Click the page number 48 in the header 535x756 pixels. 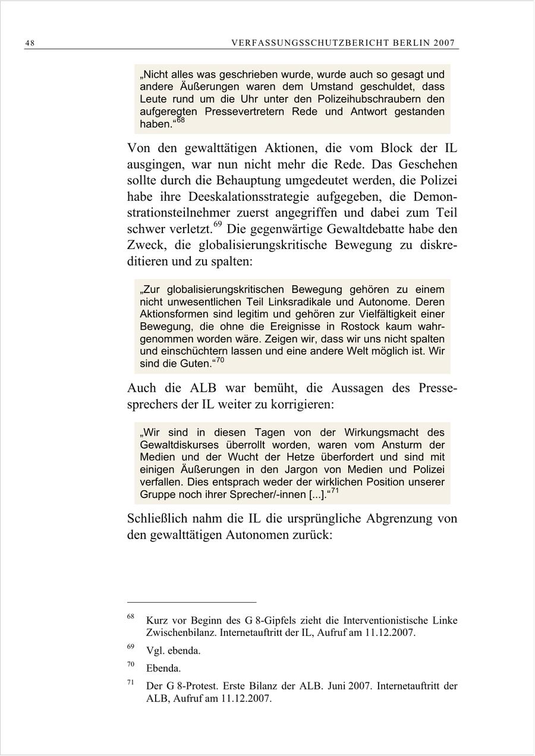tap(29, 43)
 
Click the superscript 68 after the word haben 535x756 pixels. tap(181, 121)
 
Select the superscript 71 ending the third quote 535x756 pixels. tap(335, 492)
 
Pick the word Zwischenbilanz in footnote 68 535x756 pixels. tap(180, 633)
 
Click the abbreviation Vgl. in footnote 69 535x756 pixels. tap(155, 650)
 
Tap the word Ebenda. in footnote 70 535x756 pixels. tap(163, 668)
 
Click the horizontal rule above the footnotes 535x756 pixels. tap(191, 601)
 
